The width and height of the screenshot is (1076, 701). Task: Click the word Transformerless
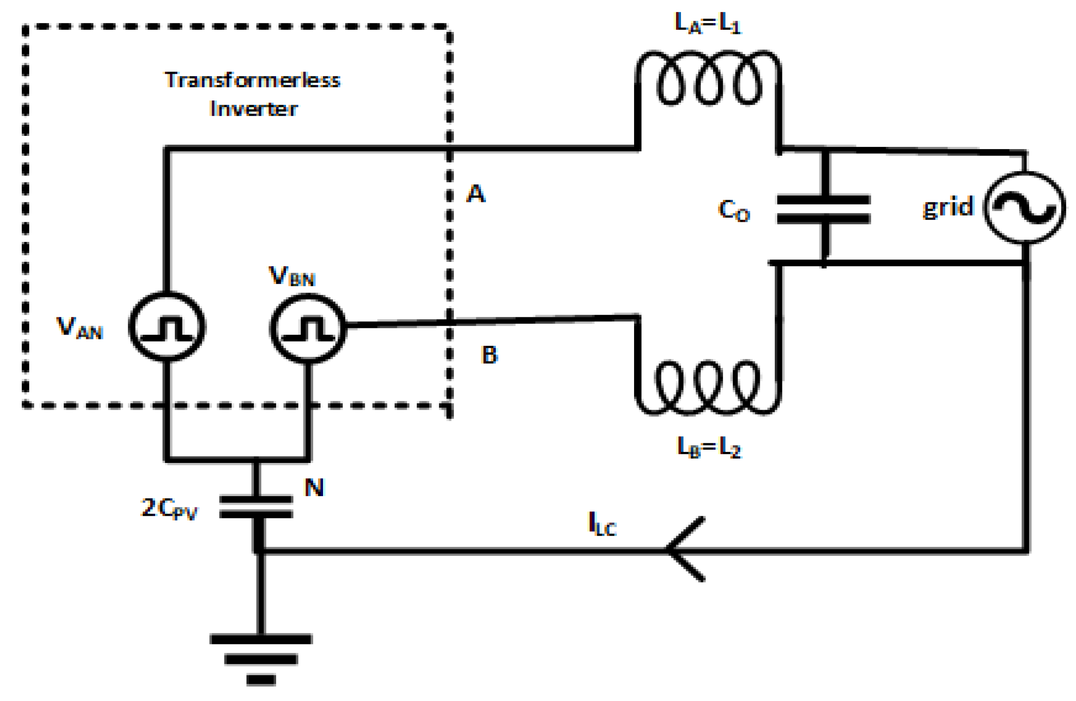click(252, 80)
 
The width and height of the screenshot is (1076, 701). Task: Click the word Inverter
click(254, 109)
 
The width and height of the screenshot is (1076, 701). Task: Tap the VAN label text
click(80, 327)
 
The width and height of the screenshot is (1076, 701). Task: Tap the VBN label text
click(291, 276)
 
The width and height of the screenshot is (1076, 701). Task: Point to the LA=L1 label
click(708, 23)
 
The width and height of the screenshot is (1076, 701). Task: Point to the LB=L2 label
click(710, 448)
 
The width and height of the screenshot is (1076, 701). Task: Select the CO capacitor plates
click(824, 209)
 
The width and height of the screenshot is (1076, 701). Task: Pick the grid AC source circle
click(1024, 208)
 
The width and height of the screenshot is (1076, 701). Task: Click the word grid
click(948, 207)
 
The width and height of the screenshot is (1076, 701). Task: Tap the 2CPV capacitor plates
click(256, 507)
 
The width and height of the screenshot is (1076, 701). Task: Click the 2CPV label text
click(170, 509)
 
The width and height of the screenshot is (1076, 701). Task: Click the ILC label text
click(602, 524)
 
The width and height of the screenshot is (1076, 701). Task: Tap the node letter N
click(314, 487)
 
